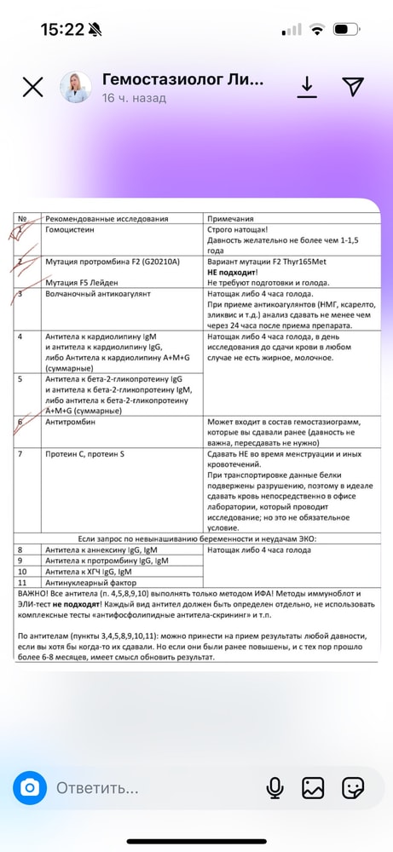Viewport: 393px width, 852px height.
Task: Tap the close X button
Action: (x=32, y=87)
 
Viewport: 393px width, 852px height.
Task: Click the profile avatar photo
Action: (x=75, y=87)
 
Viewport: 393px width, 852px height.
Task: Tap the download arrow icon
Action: (x=306, y=86)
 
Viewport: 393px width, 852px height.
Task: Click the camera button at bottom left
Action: (x=30, y=787)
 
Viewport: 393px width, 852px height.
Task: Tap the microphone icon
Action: (x=275, y=788)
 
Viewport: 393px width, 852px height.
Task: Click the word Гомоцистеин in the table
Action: (x=74, y=230)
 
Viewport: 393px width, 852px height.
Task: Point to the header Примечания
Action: (x=236, y=218)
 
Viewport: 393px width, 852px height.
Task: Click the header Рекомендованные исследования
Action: (x=107, y=218)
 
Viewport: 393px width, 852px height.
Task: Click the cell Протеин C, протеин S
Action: (x=85, y=454)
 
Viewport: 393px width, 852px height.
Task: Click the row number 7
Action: (x=21, y=454)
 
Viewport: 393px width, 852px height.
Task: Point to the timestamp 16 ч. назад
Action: (x=134, y=98)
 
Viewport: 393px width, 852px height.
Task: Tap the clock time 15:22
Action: (x=62, y=30)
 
